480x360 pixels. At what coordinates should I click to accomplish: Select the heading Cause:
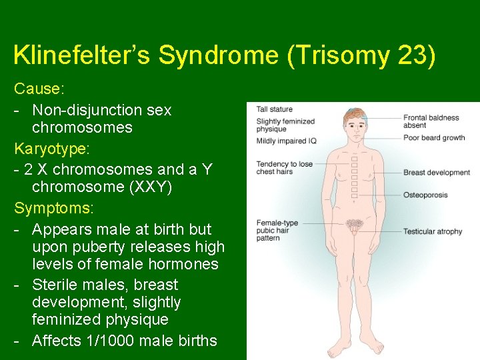coord(36,89)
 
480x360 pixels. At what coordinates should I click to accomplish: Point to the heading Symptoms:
coord(54,208)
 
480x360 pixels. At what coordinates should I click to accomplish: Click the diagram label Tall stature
coord(275,109)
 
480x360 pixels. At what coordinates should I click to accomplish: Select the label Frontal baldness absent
coord(431,121)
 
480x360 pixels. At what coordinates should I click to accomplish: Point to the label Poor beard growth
coord(434,138)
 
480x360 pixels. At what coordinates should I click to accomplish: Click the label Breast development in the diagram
coord(437,173)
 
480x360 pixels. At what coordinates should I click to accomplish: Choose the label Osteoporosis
coord(425,195)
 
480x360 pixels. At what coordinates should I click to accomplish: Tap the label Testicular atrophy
coord(432,231)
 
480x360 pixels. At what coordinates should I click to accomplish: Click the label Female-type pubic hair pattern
coord(277,230)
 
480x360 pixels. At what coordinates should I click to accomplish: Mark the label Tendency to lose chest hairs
coord(284,168)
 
